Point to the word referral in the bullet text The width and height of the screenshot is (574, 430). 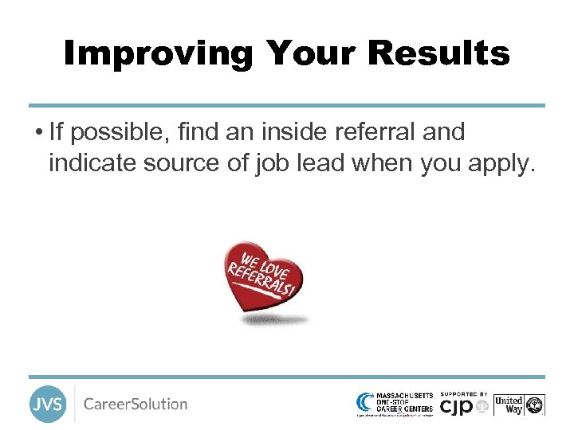coord(373,131)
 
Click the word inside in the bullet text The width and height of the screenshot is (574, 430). coord(299,131)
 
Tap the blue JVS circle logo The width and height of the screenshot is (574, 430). coord(47,404)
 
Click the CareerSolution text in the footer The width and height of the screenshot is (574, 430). coord(136,404)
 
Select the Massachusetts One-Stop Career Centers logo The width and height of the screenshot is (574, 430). coord(395,404)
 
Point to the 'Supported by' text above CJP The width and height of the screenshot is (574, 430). coord(463,393)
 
